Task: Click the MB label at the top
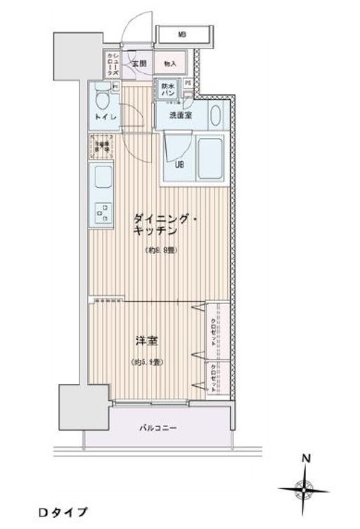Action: [x=181, y=34]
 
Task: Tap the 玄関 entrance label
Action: [x=139, y=63]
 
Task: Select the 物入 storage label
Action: [x=169, y=63]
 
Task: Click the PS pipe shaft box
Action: [x=188, y=83]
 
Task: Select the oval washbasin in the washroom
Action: [x=215, y=113]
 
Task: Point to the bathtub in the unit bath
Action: [x=210, y=158]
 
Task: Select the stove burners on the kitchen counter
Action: [x=102, y=213]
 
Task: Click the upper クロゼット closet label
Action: [x=213, y=331]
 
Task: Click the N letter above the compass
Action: [x=306, y=458]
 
